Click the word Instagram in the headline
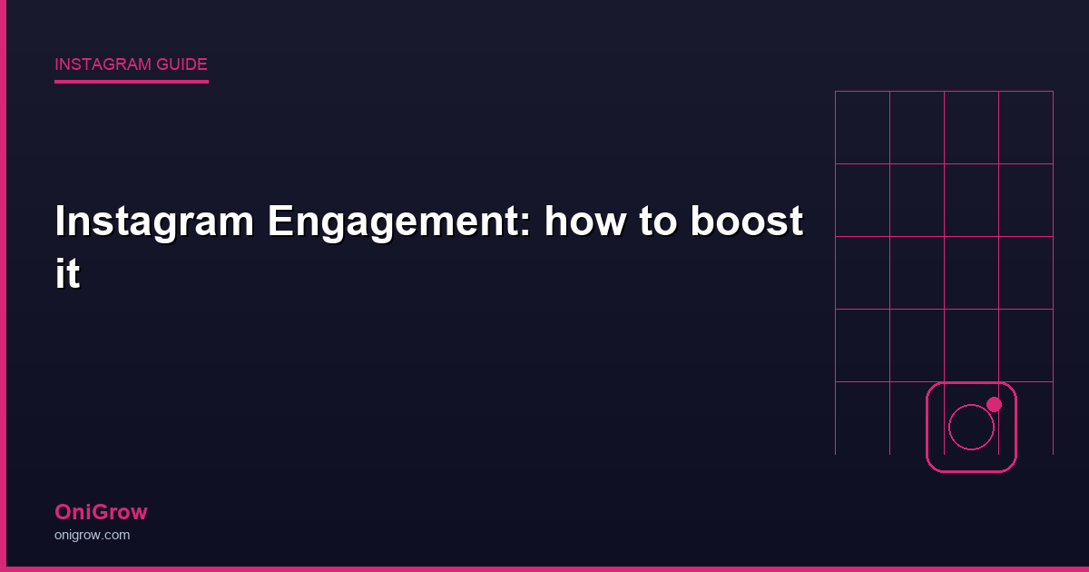(x=152, y=222)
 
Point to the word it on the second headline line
(x=67, y=274)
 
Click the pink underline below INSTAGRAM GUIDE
(x=132, y=82)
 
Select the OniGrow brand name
(x=101, y=512)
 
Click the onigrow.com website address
(x=92, y=535)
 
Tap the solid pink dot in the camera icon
(x=994, y=404)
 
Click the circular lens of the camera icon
(x=971, y=428)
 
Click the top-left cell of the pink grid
(x=862, y=127)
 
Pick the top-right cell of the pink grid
(x=1025, y=127)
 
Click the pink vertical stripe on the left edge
(x=3, y=286)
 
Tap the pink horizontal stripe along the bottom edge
(x=544, y=568)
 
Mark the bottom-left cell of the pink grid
(x=862, y=418)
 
